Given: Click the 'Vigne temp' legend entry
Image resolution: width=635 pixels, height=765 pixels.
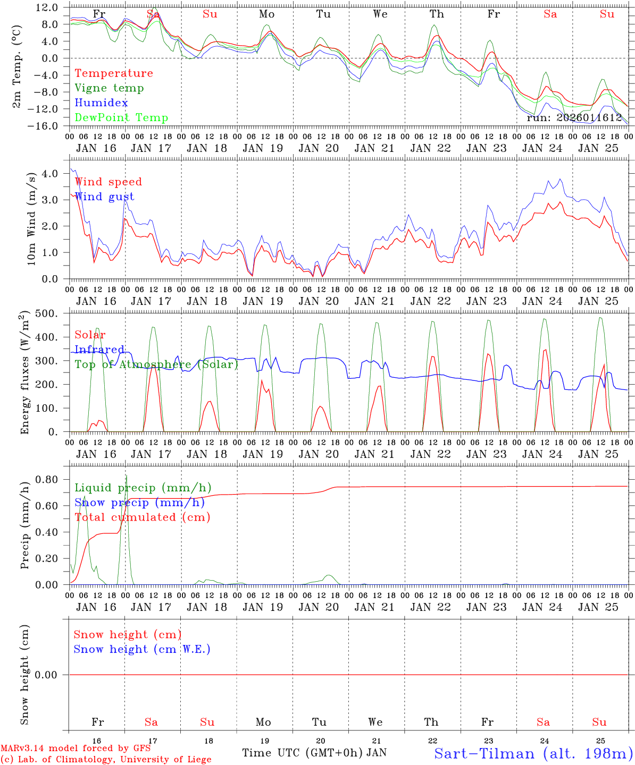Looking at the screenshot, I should (x=109, y=88).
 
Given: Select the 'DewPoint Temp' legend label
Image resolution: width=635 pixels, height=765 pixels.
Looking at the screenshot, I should (x=121, y=118).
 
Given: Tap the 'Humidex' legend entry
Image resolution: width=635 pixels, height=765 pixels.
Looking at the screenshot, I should (x=101, y=103).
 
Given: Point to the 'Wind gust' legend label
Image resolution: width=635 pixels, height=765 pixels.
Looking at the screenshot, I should (x=104, y=197).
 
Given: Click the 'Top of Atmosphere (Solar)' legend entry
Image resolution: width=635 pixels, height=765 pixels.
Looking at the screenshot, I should (x=156, y=364).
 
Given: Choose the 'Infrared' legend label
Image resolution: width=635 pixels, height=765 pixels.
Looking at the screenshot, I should (x=99, y=350).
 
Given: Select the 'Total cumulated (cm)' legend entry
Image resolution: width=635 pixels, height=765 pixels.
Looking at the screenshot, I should (x=142, y=517).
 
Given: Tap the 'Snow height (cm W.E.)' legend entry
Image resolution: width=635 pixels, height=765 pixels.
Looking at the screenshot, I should (x=142, y=649).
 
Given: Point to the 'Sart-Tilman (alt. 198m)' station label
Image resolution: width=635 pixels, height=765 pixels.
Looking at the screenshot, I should (x=533, y=753).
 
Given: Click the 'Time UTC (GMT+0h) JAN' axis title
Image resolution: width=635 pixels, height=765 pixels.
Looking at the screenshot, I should (x=314, y=753).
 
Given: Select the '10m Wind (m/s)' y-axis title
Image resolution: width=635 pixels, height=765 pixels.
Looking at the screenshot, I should (x=31, y=218).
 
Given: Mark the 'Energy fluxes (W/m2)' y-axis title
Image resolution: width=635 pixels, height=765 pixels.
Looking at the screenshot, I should (x=24, y=374).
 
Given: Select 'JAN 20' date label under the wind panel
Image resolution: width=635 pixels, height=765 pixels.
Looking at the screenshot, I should (x=319, y=301).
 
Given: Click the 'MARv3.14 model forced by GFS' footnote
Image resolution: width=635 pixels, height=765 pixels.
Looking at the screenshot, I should (x=76, y=749).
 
